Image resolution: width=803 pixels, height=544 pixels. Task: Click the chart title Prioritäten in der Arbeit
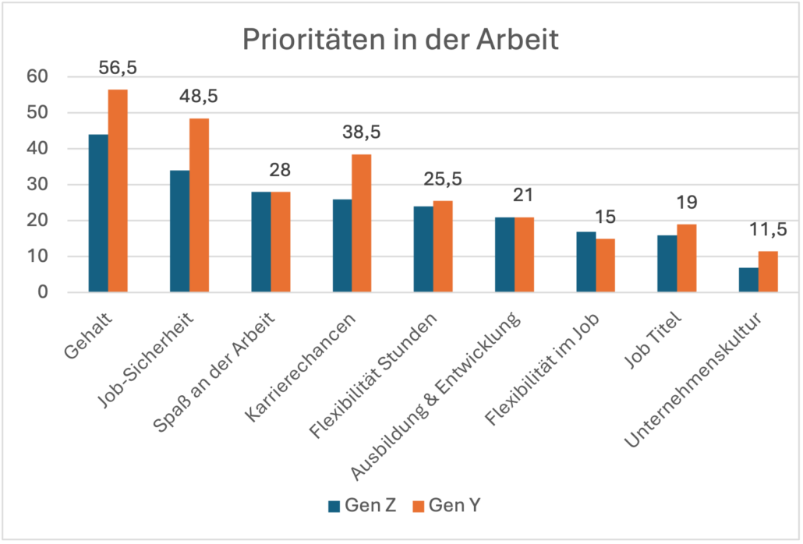(x=400, y=40)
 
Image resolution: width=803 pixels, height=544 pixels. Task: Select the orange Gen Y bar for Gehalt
(x=118, y=191)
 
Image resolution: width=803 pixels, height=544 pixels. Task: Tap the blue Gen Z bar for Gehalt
(x=98, y=214)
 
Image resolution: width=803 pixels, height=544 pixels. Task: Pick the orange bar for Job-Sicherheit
(x=199, y=206)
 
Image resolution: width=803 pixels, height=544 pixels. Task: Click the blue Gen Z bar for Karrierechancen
(x=341, y=246)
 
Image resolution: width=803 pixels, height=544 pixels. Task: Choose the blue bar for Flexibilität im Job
(x=585, y=262)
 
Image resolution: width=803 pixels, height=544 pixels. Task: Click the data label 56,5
(x=118, y=69)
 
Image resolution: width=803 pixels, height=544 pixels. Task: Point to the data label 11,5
(x=768, y=230)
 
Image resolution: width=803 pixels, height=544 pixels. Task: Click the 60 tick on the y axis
(x=37, y=76)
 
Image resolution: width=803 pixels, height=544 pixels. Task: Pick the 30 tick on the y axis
(x=37, y=185)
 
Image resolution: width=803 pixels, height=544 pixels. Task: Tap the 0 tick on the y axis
(x=43, y=292)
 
